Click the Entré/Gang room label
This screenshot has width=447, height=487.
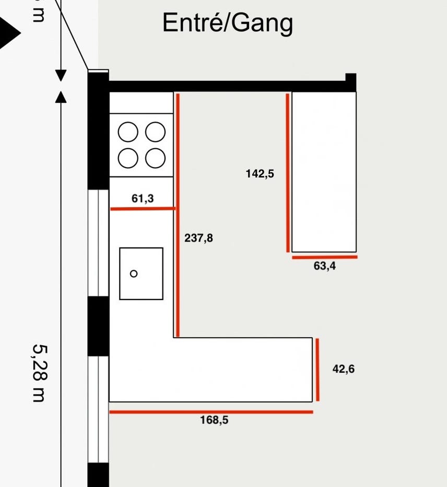pyautogui.click(x=227, y=23)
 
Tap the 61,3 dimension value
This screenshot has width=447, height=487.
pyautogui.click(x=143, y=198)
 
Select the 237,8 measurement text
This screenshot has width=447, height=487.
pyautogui.click(x=199, y=239)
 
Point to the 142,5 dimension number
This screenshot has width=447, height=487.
pyautogui.click(x=260, y=174)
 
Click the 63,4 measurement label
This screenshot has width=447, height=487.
pyautogui.click(x=325, y=266)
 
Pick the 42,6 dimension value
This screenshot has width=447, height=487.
pyautogui.click(x=344, y=369)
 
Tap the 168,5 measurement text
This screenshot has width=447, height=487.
pyautogui.click(x=214, y=420)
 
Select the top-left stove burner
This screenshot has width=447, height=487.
pyautogui.click(x=128, y=132)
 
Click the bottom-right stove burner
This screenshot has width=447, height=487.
pyautogui.click(x=155, y=158)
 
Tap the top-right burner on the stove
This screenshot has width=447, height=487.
pyautogui.click(x=155, y=132)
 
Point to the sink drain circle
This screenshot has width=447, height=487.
pyautogui.click(x=134, y=274)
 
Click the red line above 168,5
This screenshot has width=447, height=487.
pyautogui.click(x=211, y=412)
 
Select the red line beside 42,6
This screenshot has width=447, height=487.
pyautogui.click(x=317, y=370)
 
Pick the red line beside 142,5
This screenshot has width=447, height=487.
pyautogui.click(x=288, y=172)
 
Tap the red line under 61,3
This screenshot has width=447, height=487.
pyautogui.click(x=143, y=209)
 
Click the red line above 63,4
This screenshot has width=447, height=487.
pyautogui.click(x=324, y=257)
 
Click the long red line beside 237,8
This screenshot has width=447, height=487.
pyautogui.click(x=178, y=214)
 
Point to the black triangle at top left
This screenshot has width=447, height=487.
pyautogui.click(x=9, y=33)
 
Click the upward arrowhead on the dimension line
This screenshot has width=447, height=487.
pyautogui.click(x=61, y=97)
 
